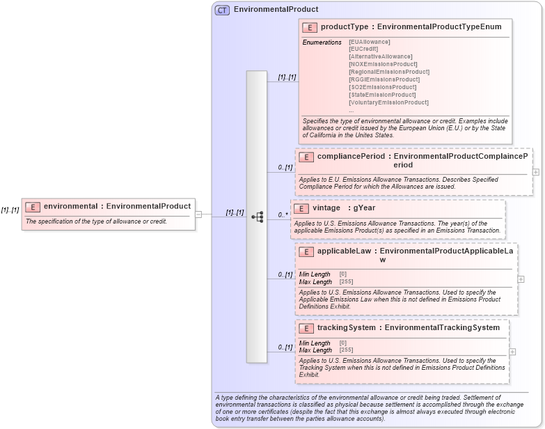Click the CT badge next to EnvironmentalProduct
(x=222, y=10)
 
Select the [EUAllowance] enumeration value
(x=369, y=42)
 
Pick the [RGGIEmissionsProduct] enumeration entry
(x=384, y=79)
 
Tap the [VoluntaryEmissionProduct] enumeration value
(x=388, y=102)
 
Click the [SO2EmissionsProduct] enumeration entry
(x=382, y=87)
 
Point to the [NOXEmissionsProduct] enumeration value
(x=383, y=64)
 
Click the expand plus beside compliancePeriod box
(x=535, y=171)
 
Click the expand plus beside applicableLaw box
(x=521, y=279)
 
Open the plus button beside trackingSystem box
(x=512, y=352)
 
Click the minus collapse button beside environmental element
(x=198, y=214)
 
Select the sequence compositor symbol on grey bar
(x=257, y=217)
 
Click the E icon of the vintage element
(x=301, y=208)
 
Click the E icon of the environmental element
(x=33, y=207)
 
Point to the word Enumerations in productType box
(x=322, y=42)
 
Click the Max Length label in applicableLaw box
(x=315, y=281)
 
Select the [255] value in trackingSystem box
(x=346, y=350)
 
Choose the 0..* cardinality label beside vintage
(x=283, y=214)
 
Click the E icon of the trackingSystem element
(x=306, y=328)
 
